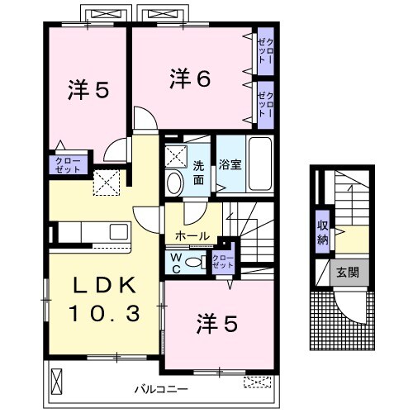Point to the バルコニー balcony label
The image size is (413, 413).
162,387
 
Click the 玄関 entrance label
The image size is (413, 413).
348,273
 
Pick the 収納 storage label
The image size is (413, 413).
323,233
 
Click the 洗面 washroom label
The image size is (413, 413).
199,165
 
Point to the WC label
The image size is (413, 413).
176,262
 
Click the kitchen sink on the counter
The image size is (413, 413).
116,231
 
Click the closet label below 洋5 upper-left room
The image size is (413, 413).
67,164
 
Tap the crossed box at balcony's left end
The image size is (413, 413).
57,380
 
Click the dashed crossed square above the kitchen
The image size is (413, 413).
105,182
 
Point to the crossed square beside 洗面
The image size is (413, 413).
175,153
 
